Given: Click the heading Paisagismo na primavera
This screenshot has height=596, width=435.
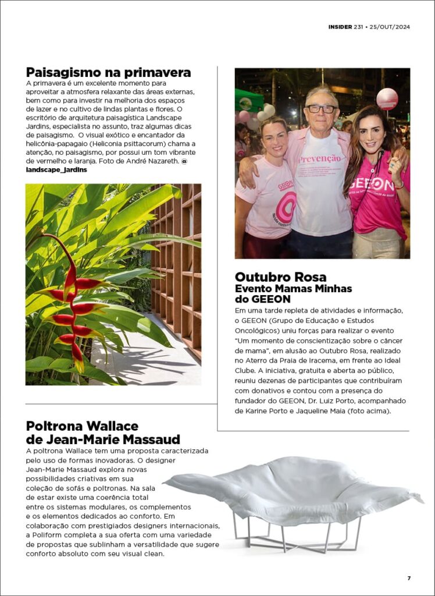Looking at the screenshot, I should tap(108, 73).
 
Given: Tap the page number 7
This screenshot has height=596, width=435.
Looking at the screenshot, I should tap(408, 578).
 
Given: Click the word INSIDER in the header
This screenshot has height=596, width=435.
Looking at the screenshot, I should tap(340, 27).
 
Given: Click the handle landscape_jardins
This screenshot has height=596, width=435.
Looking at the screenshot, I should tap(56, 169).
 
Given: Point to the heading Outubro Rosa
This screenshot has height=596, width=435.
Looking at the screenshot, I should tap(280, 277).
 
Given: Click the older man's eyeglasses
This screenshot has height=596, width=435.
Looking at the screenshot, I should tap(322, 109).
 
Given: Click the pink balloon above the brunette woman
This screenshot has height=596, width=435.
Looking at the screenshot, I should tap(387, 99).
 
